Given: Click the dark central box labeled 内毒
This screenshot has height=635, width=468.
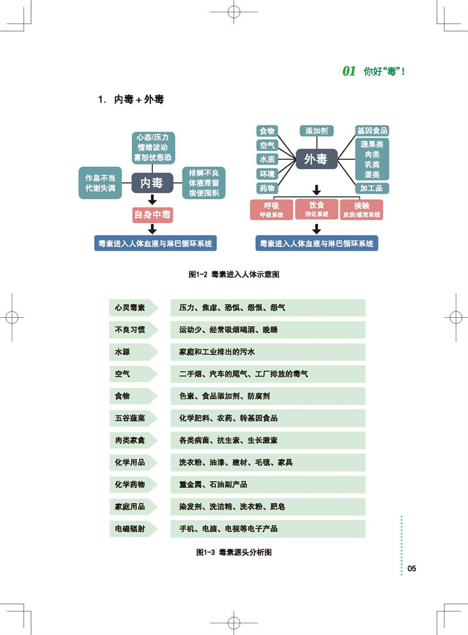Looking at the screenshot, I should [152, 183].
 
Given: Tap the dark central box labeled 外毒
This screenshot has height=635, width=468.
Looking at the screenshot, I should [316, 159].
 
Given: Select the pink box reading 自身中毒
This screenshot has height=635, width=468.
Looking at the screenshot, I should [152, 215].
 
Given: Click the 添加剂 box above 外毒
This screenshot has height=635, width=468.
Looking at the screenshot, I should [316, 131].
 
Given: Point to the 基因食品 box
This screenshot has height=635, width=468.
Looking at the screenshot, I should [372, 131].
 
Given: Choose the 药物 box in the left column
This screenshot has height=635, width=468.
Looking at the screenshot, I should [267, 188].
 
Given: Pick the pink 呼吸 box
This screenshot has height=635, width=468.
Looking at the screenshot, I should [271, 209].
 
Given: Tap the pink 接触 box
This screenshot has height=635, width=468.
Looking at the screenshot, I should [361, 209].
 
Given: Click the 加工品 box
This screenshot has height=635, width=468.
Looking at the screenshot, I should [372, 188].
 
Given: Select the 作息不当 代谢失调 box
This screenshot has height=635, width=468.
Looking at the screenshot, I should [100, 182].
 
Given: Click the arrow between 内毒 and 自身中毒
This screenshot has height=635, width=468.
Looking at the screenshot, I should [152, 200].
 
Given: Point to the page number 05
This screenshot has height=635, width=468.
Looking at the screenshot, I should [411, 568].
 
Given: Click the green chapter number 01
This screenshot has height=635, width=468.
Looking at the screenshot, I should [349, 71].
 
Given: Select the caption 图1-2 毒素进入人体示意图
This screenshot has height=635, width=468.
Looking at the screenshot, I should [234, 274].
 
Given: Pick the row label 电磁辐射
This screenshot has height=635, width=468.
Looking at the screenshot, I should [130, 528].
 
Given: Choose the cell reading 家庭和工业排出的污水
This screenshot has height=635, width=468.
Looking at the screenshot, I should [218, 352].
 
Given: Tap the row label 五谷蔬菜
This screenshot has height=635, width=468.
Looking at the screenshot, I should [130, 418].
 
